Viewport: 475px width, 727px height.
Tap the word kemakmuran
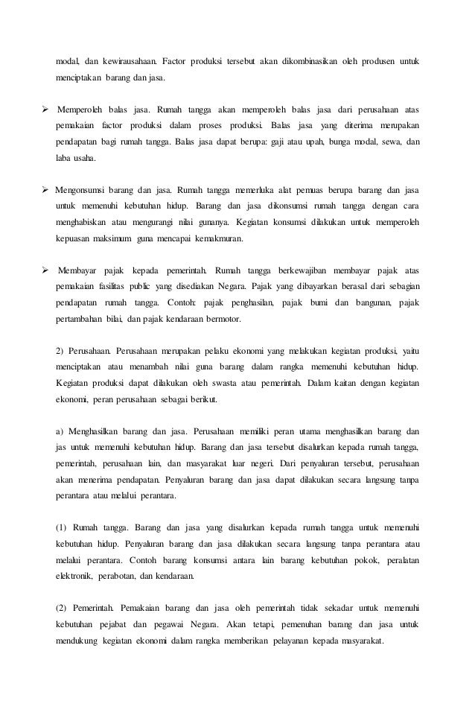click(221, 239)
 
